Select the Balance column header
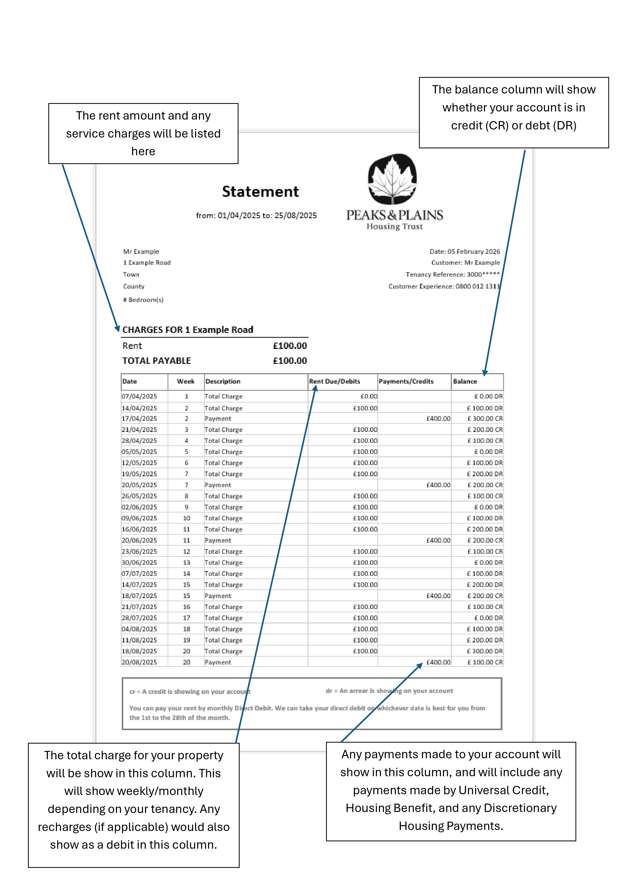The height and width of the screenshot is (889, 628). [x=465, y=381]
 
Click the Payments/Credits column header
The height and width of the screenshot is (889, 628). [x=406, y=381]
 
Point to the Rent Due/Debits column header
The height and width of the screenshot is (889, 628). [x=334, y=381]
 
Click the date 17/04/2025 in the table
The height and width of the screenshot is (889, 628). [x=139, y=419]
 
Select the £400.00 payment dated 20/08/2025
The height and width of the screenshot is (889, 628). [x=438, y=662]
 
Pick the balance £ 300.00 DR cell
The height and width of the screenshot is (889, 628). [x=484, y=651]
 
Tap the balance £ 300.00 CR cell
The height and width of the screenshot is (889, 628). [x=484, y=419]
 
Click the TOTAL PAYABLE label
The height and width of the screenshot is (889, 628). [x=156, y=361]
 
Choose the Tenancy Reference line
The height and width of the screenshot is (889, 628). [x=452, y=275]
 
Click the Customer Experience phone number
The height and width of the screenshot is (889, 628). [x=477, y=287]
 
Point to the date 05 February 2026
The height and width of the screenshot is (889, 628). [x=474, y=252]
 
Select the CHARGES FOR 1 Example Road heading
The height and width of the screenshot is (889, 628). [x=188, y=330]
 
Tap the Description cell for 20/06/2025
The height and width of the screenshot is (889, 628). [x=218, y=541]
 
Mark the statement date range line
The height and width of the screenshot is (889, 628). [x=256, y=216]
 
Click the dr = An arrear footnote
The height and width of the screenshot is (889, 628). [x=389, y=691]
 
